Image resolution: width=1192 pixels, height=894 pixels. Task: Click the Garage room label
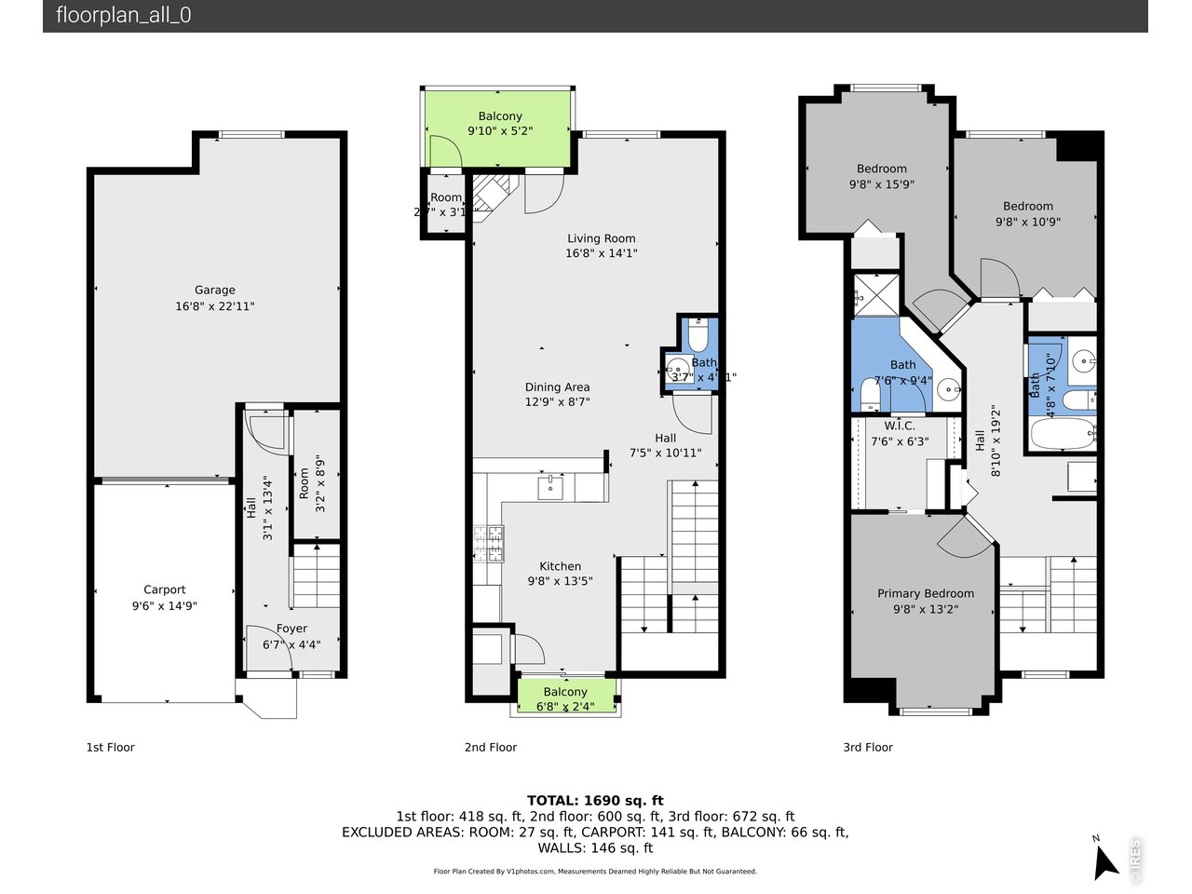[x=214, y=290]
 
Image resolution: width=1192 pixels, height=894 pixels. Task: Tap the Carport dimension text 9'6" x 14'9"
[x=165, y=605]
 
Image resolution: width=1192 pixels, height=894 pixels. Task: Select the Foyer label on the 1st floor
[x=291, y=629]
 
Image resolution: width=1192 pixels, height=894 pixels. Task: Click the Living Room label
[x=601, y=238]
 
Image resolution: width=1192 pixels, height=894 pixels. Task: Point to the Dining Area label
[x=557, y=387]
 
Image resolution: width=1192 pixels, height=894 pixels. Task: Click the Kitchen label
[x=560, y=566]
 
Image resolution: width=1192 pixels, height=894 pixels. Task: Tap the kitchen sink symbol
[x=550, y=487]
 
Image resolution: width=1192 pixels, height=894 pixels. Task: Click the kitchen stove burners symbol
[x=489, y=545]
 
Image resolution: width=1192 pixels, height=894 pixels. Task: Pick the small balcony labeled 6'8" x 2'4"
[x=565, y=697]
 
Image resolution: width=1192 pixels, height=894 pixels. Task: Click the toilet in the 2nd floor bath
[x=698, y=335]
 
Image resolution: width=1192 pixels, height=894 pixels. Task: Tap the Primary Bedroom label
[x=925, y=593]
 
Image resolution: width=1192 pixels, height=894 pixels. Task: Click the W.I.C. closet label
[x=899, y=426]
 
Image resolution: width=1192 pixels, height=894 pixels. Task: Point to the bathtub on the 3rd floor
[x=1063, y=434]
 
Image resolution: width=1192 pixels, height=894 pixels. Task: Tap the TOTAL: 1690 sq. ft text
[x=595, y=800]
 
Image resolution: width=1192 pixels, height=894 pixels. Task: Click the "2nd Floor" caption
[x=491, y=747]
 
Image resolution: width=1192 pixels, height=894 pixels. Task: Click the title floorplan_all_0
[x=124, y=15]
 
